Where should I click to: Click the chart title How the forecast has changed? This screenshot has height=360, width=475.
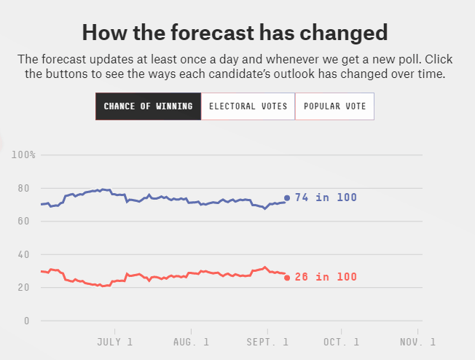pyautogui.click(x=235, y=32)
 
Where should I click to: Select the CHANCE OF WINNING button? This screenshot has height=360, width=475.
pyautogui.click(x=148, y=106)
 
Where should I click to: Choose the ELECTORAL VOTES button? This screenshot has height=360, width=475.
pyautogui.click(x=248, y=106)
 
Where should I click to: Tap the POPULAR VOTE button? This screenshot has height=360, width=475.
pyautogui.click(x=334, y=106)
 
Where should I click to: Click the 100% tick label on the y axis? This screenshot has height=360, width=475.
pyautogui.click(x=23, y=154)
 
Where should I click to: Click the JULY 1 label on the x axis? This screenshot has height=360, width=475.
pyautogui.click(x=115, y=341)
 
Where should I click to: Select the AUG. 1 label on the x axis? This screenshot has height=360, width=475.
pyautogui.click(x=192, y=341)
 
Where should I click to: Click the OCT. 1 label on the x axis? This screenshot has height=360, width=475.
pyautogui.click(x=342, y=341)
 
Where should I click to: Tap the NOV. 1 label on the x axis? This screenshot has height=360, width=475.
pyautogui.click(x=417, y=341)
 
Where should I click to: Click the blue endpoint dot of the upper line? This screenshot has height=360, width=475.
pyautogui.click(x=287, y=197)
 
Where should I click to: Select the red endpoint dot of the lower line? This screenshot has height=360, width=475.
pyautogui.click(x=287, y=278)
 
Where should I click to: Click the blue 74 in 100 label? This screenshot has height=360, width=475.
pyautogui.click(x=326, y=197)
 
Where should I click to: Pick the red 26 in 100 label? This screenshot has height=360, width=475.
pyautogui.click(x=326, y=278)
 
